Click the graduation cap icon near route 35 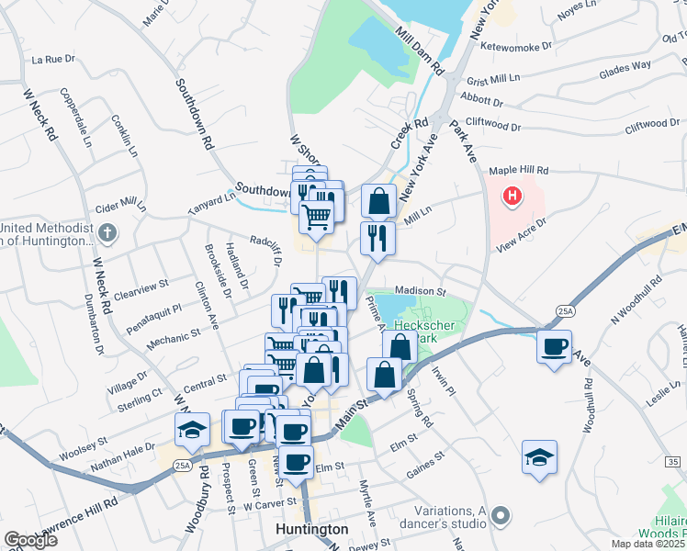[539, 456]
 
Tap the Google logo [30, 539]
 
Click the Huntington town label [312, 530]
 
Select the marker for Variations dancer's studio [501, 517]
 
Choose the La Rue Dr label [52, 59]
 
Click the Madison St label [420, 292]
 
